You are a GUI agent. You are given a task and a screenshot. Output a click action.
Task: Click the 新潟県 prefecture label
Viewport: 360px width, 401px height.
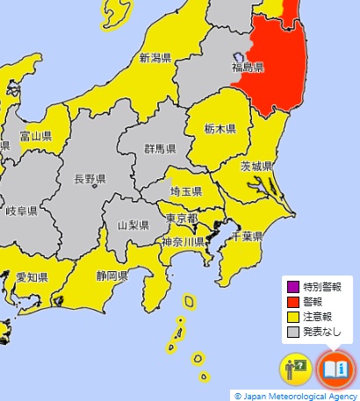click(156, 59)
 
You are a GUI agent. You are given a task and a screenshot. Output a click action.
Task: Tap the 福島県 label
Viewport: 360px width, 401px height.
click(247, 67)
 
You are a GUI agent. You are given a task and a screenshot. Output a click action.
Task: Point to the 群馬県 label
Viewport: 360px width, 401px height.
click(159, 148)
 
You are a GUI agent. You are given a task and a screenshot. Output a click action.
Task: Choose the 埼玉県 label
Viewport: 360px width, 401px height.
click(186, 191)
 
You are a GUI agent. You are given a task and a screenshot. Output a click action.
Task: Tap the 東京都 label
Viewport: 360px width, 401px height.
click(181, 218)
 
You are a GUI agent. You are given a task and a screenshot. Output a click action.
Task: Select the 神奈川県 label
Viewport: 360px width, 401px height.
click(183, 242)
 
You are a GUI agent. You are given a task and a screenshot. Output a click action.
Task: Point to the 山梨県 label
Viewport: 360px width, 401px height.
click(134, 226)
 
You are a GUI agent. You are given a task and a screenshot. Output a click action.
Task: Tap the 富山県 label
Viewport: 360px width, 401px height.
click(36, 137)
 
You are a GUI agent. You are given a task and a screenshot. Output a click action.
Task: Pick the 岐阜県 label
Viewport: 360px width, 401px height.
click(21, 211)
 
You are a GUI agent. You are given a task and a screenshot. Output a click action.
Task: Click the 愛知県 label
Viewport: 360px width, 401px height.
click(32, 277)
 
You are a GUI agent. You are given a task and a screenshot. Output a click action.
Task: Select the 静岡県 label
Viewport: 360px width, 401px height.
click(111, 276)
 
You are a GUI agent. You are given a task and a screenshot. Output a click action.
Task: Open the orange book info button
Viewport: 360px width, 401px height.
click(335, 369)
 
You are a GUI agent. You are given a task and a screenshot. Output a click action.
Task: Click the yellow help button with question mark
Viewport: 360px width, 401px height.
click(295, 369)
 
